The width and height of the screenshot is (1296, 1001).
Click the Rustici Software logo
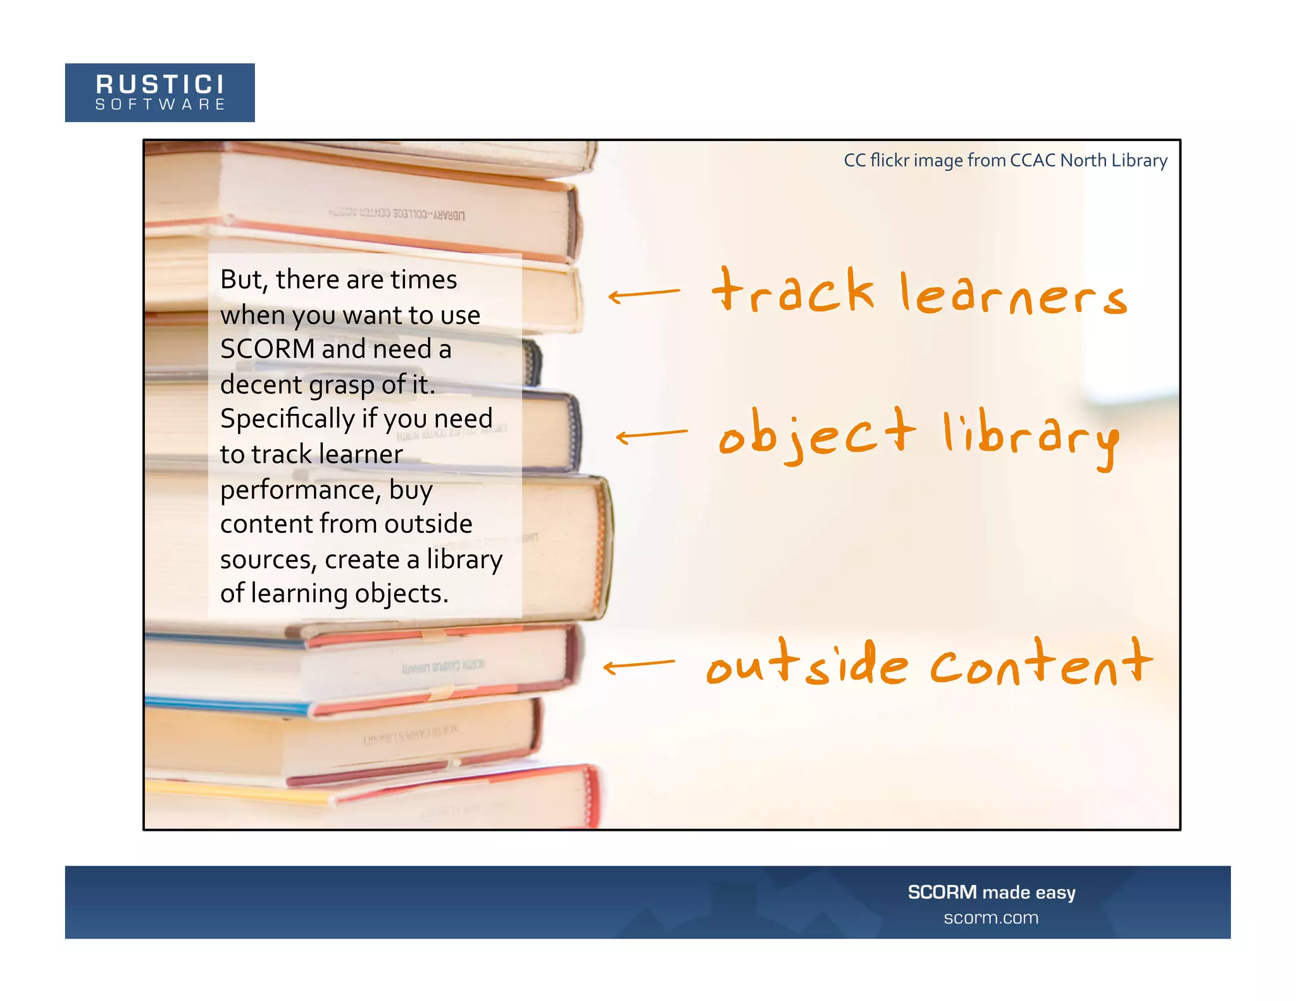coord(159,92)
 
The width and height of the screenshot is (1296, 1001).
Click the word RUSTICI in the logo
coord(159,84)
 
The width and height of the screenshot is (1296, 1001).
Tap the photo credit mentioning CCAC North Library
coord(1005,161)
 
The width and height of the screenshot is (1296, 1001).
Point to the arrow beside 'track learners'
coord(644,294)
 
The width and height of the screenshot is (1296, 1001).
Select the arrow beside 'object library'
coord(651,435)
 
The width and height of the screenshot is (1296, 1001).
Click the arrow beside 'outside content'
coord(639,666)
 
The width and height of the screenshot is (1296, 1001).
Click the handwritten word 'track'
coord(793,292)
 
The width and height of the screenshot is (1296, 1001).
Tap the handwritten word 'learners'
coord(1012,295)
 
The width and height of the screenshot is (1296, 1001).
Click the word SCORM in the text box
coord(267,349)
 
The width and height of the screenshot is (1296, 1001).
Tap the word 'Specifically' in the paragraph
coord(287,419)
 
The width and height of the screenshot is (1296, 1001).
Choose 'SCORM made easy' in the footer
coord(991,892)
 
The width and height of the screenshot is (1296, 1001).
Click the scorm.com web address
coord(991,918)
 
